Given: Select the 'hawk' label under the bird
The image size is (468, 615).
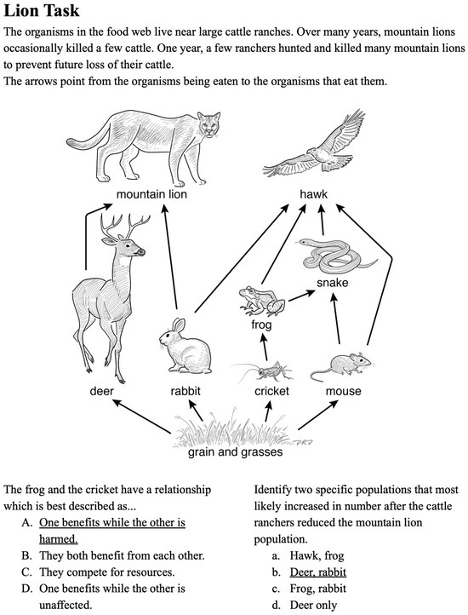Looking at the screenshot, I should [313, 195].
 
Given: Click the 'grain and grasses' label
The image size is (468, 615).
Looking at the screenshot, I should [235, 452].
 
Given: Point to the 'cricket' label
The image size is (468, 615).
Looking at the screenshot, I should [272, 392].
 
